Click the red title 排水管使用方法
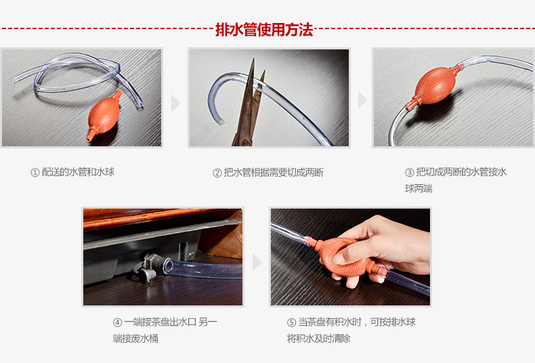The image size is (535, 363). [264, 30]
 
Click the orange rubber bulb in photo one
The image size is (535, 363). [104, 115]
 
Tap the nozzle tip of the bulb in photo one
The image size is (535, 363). [89, 138]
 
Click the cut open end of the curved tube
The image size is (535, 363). [220, 121]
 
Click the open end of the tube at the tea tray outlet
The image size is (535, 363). [168, 265]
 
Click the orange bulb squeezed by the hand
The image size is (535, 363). [344, 255]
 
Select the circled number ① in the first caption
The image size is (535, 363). [35, 172]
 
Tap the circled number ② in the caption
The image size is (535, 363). [217, 173]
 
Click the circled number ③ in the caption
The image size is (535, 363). [410, 172]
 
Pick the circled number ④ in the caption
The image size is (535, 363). [117, 322]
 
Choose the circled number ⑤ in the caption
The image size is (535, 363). [291, 322]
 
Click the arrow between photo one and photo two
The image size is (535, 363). [175, 103]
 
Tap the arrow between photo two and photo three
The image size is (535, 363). [362, 100]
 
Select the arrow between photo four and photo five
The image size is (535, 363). [257, 262]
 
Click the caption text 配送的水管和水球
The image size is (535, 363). [78, 172]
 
